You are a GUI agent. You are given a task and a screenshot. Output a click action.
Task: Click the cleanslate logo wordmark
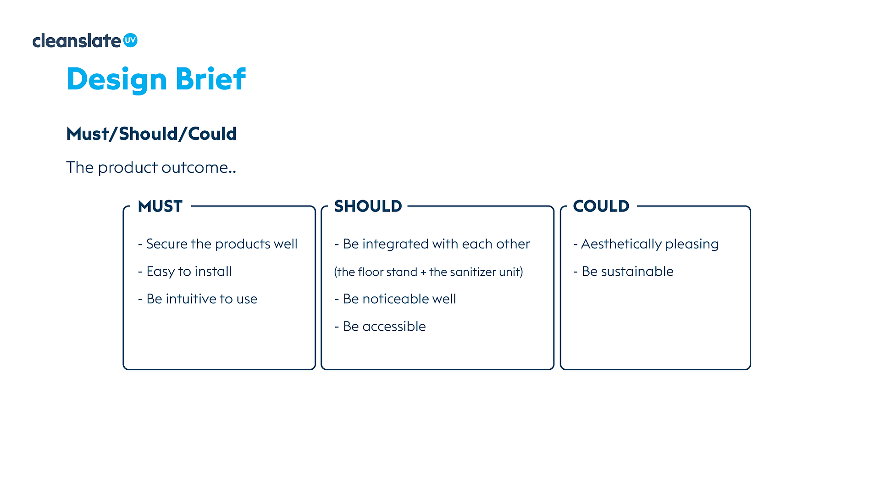click(77, 41)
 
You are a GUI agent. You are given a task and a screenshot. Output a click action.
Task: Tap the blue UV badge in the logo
click(130, 40)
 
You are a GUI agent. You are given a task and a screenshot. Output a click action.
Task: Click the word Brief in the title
click(210, 79)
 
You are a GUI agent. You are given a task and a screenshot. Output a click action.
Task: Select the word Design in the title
click(117, 80)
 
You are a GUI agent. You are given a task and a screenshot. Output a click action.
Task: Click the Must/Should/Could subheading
click(151, 134)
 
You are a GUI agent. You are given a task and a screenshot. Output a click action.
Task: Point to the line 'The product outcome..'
click(151, 167)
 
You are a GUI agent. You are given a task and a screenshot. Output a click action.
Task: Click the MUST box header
click(160, 206)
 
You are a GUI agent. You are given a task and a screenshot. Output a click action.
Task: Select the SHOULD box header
click(368, 206)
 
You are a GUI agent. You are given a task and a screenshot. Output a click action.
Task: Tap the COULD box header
click(601, 206)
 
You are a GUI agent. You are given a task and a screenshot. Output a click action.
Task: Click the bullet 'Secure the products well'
click(218, 244)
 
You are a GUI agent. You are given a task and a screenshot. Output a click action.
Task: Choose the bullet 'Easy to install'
click(185, 272)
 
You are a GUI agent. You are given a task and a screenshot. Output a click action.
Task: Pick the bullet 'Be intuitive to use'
click(198, 299)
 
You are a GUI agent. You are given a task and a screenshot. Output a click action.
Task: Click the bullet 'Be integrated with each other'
click(432, 244)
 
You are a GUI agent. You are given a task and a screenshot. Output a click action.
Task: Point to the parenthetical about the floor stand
click(428, 272)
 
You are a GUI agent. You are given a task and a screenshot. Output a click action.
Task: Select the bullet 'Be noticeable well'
click(395, 299)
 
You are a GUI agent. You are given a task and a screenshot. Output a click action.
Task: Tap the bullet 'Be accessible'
click(380, 327)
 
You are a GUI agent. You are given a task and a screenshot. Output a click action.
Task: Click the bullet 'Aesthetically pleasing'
click(646, 244)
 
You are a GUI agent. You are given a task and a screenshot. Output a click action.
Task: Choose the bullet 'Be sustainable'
click(623, 272)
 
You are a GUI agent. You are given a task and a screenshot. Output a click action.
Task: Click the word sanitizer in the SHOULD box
click(473, 272)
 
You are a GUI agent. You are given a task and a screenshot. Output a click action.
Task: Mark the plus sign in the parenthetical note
click(423, 273)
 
